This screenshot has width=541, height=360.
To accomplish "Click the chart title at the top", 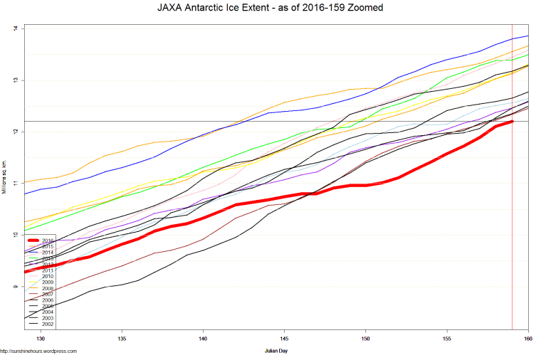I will (270, 9).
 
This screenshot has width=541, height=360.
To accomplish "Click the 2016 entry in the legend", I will (48, 240).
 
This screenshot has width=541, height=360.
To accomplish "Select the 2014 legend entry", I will (48, 253).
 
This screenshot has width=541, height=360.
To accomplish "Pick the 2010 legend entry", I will (48, 276).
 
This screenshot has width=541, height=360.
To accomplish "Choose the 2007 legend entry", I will (48, 294).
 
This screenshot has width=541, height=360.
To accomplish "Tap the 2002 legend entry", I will (48, 324).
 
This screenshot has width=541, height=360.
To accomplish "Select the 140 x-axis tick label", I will (204, 338).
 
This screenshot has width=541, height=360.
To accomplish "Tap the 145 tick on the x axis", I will (285, 338).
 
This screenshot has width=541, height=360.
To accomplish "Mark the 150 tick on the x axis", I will (366, 338).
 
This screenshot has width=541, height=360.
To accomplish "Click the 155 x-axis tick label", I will (447, 338).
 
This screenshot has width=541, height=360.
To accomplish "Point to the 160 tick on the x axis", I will (527, 338).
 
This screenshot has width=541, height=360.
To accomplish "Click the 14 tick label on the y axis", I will (15, 28).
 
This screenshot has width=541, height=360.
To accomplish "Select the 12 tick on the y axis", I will (15, 132).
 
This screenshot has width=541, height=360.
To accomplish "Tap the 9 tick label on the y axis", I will (15, 287).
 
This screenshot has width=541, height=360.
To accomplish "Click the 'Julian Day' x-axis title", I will (274, 351).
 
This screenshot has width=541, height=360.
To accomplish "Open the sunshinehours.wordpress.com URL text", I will (38, 351).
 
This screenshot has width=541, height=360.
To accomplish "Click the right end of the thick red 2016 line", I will (512, 122).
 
